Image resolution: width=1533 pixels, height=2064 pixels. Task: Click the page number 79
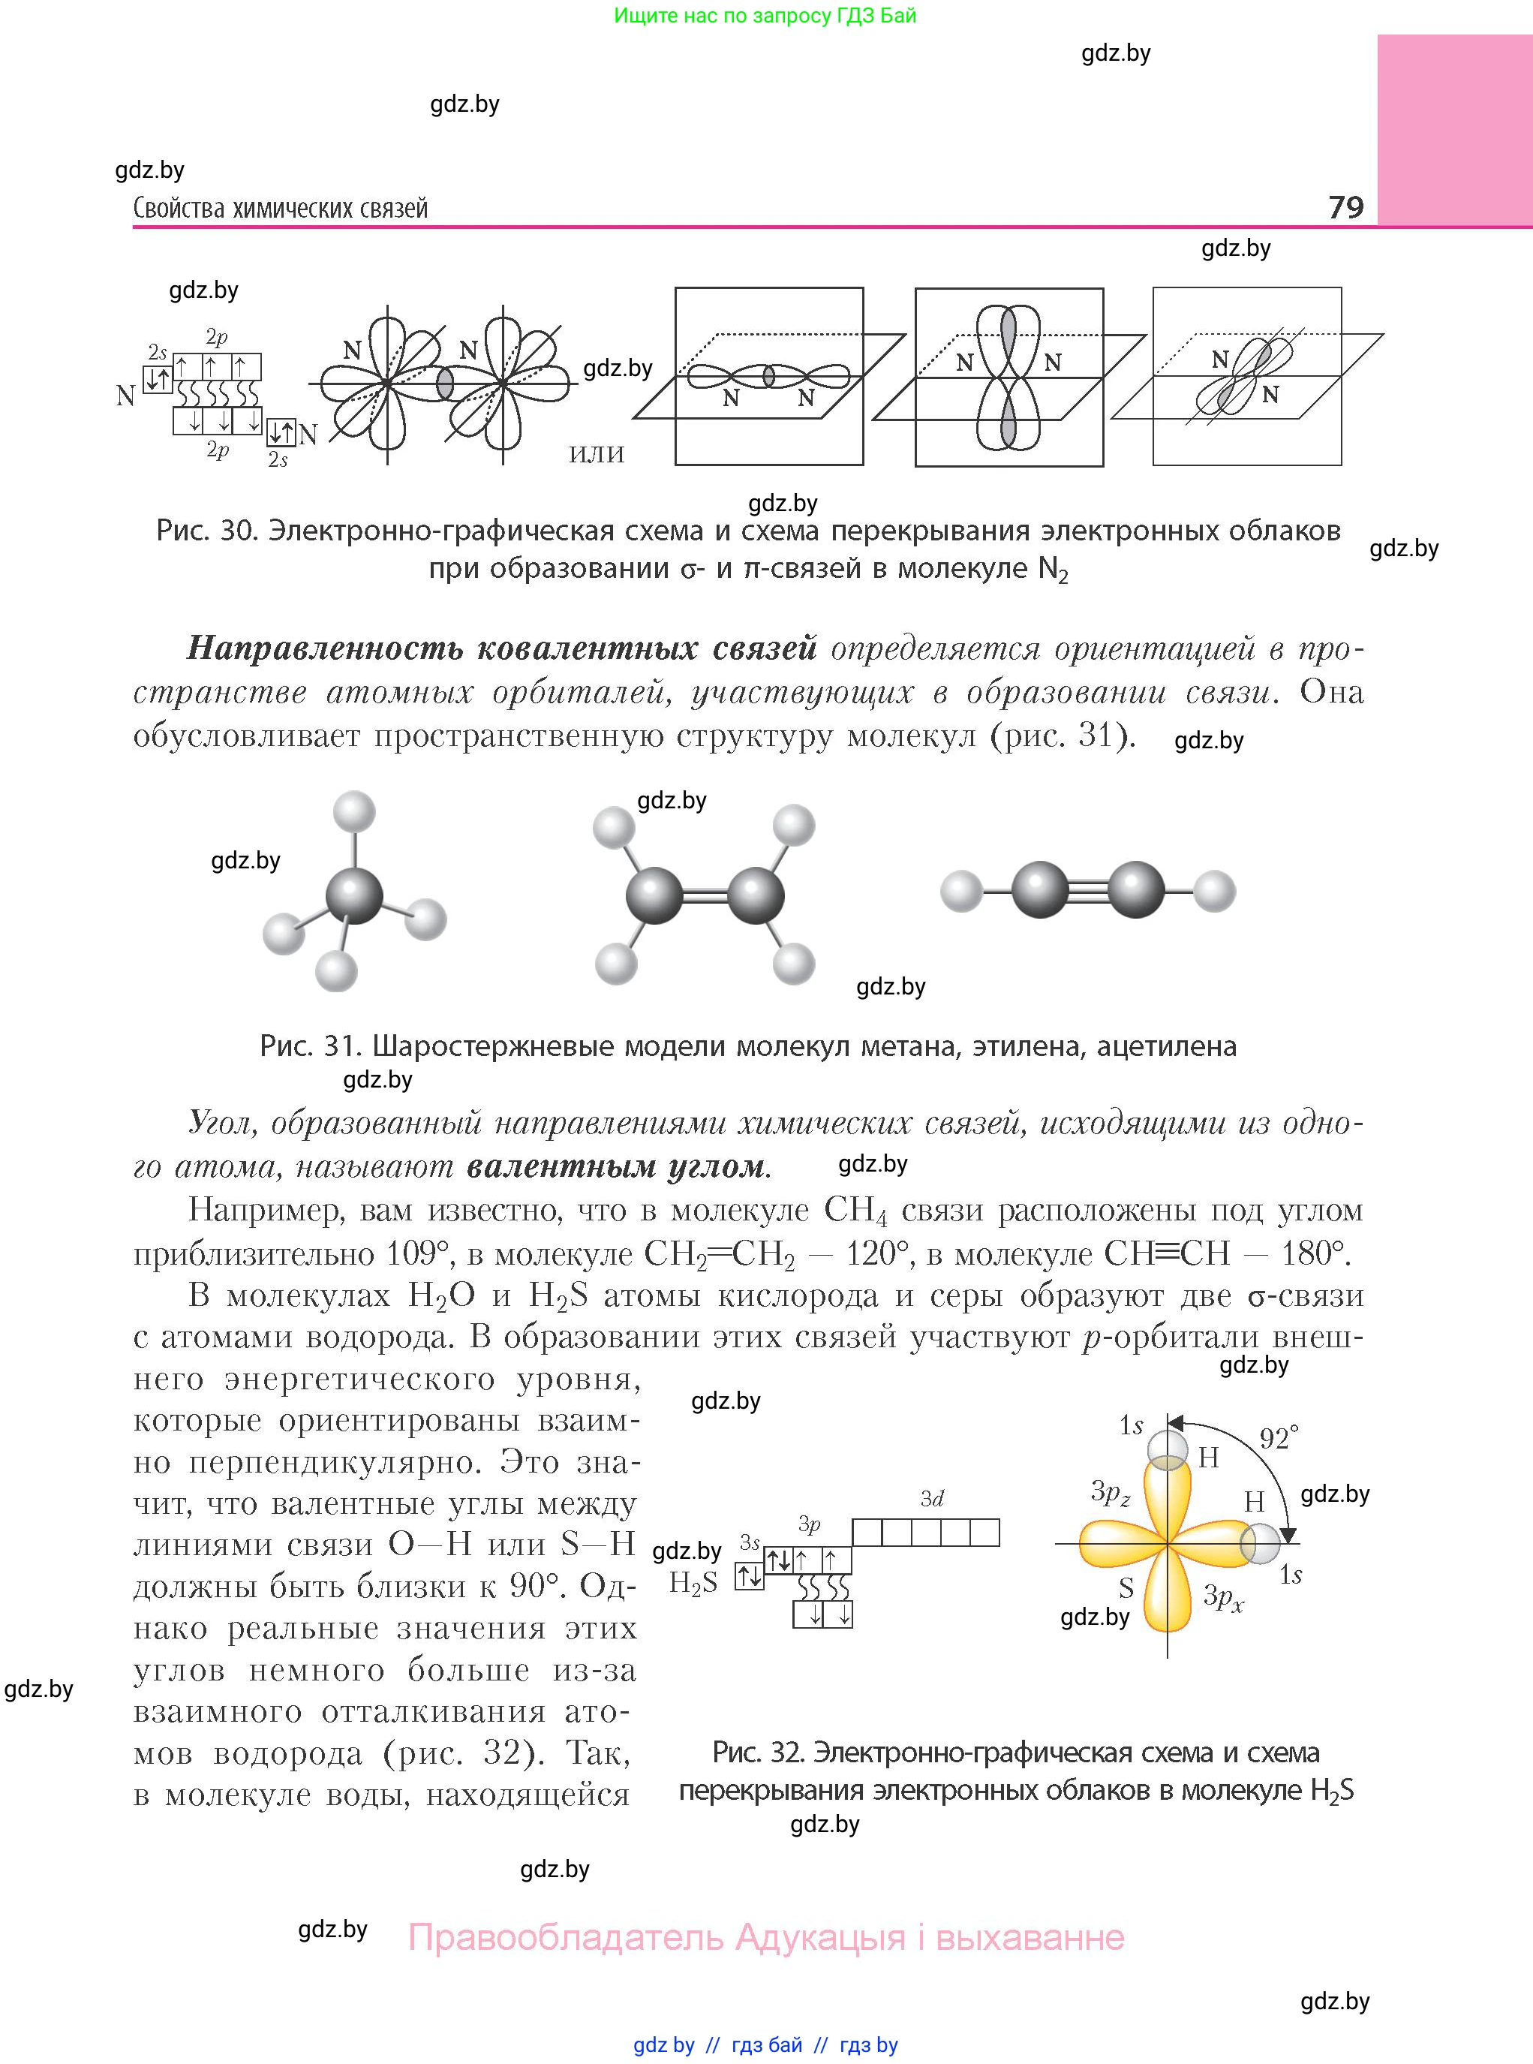(x=1345, y=206)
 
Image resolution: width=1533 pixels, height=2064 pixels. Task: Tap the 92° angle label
(x=1279, y=1439)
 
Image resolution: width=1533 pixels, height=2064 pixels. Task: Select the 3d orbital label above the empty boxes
(x=932, y=1499)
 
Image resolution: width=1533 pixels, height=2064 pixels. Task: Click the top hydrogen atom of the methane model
(x=353, y=812)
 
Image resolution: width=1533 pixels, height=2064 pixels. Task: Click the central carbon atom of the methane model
(x=353, y=896)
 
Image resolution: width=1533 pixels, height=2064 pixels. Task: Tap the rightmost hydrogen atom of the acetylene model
(x=1214, y=892)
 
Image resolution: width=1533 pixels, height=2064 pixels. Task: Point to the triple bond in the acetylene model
(x=1087, y=892)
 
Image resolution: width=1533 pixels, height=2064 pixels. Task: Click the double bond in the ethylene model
(x=705, y=896)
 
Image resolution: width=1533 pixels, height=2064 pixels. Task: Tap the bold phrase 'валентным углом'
(x=616, y=1166)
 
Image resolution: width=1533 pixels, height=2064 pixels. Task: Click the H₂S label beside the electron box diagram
(x=693, y=1582)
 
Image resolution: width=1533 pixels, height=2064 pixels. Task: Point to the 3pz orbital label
(x=1110, y=1492)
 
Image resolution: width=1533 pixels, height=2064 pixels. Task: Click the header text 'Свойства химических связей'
(x=280, y=208)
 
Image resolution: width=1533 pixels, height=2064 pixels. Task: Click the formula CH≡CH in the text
(x=1167, y=1254)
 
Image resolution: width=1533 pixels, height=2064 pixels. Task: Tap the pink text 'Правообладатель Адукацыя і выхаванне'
(x=765, y=1938)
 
